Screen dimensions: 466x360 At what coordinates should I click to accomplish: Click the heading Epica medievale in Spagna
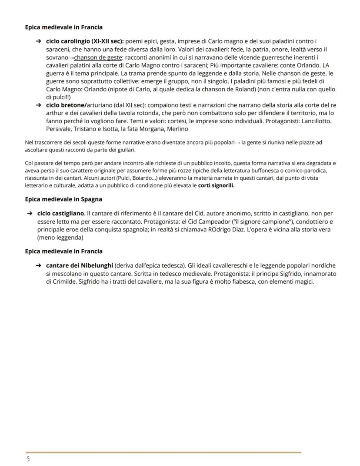(x=63, y=199)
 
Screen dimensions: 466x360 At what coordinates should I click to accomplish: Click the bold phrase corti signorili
(x=216, y=185)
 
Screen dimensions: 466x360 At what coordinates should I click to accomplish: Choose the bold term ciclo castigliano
(x=61, y=213)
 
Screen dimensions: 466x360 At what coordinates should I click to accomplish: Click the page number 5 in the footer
(x=28, y=459)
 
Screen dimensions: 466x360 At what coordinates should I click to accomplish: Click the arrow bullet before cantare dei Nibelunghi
(x=38, y=265)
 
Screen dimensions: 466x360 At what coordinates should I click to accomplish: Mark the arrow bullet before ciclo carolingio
(x=38, y=42)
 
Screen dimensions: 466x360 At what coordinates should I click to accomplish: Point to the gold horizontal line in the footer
(x=163, y=453)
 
